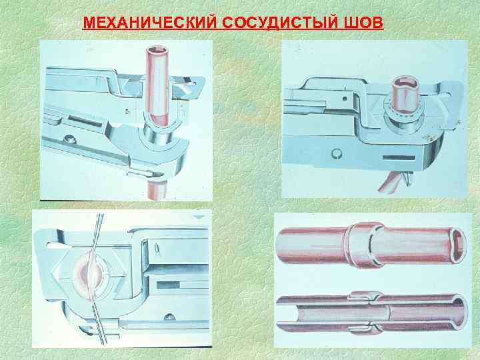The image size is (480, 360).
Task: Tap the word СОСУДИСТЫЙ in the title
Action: click(x=277, y=23)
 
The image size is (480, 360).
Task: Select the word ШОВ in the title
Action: click(x=359, y=23)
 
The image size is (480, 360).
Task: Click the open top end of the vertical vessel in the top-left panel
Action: click(x=157, y=50)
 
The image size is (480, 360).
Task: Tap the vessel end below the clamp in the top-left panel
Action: click(x=156, y=191)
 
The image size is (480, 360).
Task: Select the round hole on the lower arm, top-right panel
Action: click(x=336, y=153)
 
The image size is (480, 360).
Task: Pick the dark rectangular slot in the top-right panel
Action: click(x=399, y=158)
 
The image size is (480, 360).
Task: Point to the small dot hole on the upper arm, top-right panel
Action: click(x=345, y=99)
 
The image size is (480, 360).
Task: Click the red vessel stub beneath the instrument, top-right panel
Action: click(x=393, y=182)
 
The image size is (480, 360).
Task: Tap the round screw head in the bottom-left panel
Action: click(x=169, y=317)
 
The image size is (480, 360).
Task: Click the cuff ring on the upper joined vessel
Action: click(x=364, y=245)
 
